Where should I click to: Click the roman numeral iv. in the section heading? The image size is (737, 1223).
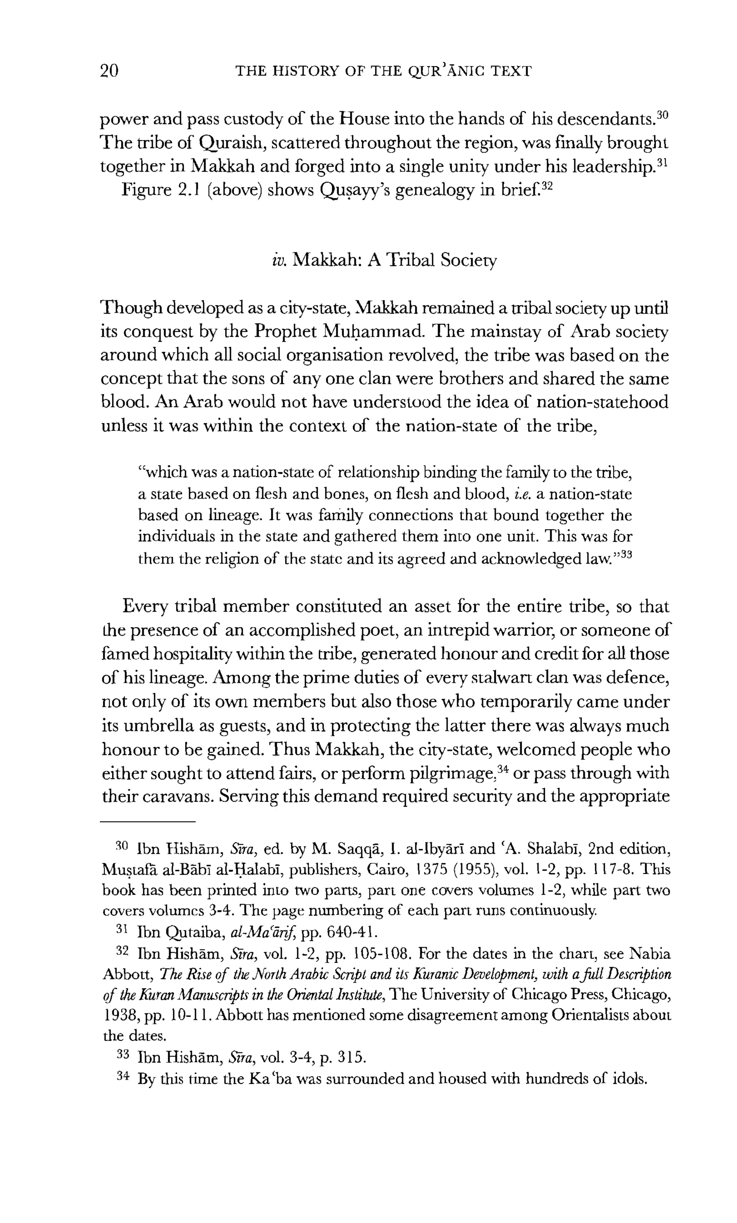(x=279, y=260)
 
